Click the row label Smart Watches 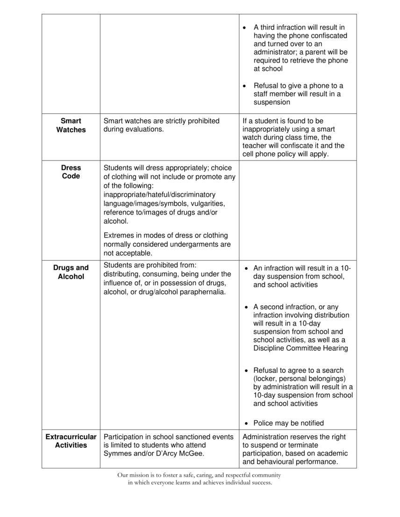(71, 126)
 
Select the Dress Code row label (71, 172)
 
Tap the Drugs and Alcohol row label (71, 272)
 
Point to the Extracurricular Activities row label (71, 441)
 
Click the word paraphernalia (201, 292)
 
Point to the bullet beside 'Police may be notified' (247, 424)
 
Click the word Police (263, 423)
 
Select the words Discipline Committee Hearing (300, 349)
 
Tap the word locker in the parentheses (267, 378)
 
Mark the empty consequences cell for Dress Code (298, 210)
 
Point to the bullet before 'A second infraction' (247, 307)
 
